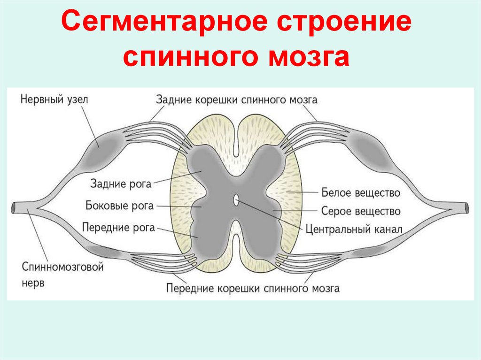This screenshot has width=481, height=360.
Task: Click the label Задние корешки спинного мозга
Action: click(237, 100)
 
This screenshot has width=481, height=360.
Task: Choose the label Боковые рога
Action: click(120, 206)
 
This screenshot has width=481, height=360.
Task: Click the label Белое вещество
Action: click(361, 192)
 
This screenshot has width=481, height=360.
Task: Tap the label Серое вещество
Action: click(361, 211)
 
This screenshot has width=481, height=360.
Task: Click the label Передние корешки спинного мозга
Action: click(253, 288)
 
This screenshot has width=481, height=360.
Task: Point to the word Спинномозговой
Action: click(62, 268)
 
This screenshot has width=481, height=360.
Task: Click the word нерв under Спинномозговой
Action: click(33, 284)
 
